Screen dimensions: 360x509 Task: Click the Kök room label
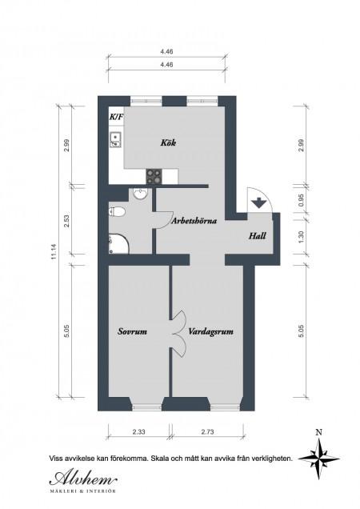(168, 142)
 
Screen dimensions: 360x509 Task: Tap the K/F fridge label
(116, 117)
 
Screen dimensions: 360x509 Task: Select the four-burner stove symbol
(154, 176)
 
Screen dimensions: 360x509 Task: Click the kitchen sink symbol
(115, 140)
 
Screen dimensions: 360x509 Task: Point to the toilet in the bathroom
(117, 212)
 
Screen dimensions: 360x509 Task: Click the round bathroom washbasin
(141, 194)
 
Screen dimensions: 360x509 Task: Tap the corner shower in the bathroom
(118, 243)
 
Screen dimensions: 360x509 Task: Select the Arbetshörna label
(194, 221)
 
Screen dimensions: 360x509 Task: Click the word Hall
(258, 235)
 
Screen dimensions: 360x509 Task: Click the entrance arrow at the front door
(258, 203)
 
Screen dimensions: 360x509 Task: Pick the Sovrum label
(133, 331)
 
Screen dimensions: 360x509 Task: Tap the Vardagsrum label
(210, 332)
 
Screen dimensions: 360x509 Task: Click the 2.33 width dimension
(138, 431)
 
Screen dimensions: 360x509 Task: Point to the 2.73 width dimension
(207, 431)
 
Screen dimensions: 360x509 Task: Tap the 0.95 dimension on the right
(301, 200)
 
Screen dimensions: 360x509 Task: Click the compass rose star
(319, 459)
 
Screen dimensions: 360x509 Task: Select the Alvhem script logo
(83, 478)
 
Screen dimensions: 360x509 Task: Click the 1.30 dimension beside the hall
(301, 237)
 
